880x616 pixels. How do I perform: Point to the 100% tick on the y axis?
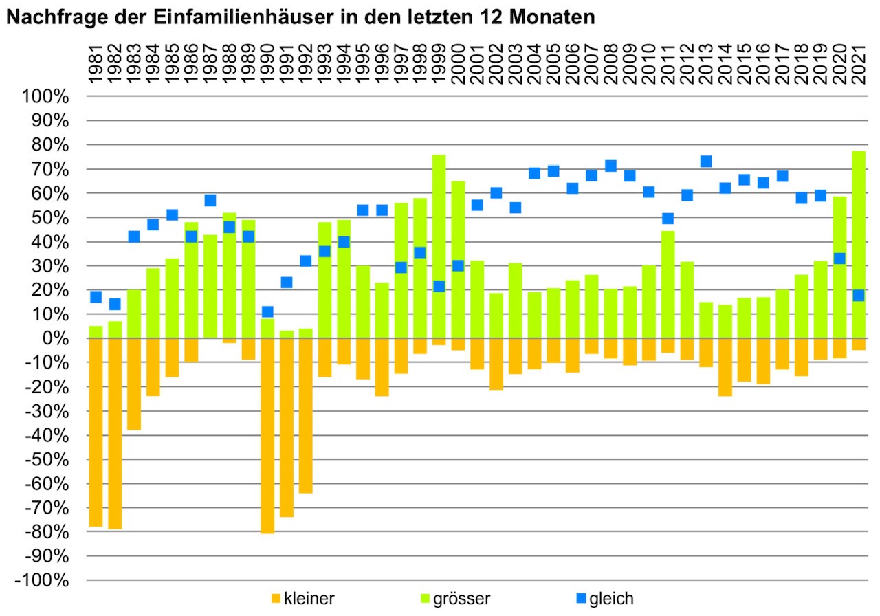(x=47, y=96)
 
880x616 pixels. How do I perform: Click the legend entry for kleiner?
(x=304, y=598)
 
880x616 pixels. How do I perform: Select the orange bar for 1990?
(x=268, y=436)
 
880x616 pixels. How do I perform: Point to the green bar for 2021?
(x=859, y=206)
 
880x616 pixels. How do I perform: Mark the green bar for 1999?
(x=439, y=206)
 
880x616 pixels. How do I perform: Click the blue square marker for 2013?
(x=706, y=162)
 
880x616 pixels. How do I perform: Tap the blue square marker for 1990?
(x=268, y=311)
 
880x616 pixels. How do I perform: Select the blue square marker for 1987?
(x=210, y=201)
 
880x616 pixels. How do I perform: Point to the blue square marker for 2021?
(x=859, y=296)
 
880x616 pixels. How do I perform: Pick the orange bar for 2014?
(x=725, y=367)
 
